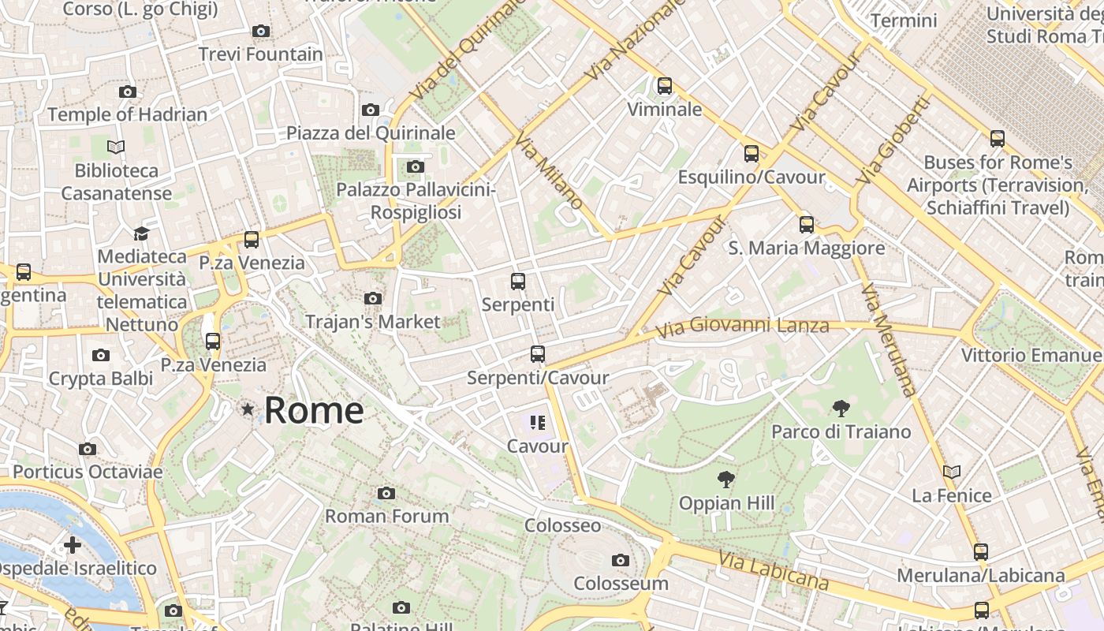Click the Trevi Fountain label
[x=260, y=54]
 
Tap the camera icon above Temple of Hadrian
[x=127, y=91]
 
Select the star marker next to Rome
[x=248, y=409]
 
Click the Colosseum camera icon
[x=621, y=560]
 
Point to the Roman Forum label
[x=387, y=516]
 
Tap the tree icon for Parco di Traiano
[x=841, y=409]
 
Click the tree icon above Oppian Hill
[x=725, y=480]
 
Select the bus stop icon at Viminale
[x=665, y=86]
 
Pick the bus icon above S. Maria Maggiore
[x=806, y=225]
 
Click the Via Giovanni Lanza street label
[x=742, y=326]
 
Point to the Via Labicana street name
[x=774, y=570]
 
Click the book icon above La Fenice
[x=952, y=472]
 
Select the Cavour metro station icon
[x=538, y=423]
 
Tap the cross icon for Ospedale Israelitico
[x=72, y=544]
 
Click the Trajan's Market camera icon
[x=372, y=298]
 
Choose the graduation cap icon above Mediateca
[x=142, y=233]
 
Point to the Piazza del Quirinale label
[x=371, y=133]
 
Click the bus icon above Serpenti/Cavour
[x=538, y=354]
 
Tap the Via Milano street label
[x=549, y=173]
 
